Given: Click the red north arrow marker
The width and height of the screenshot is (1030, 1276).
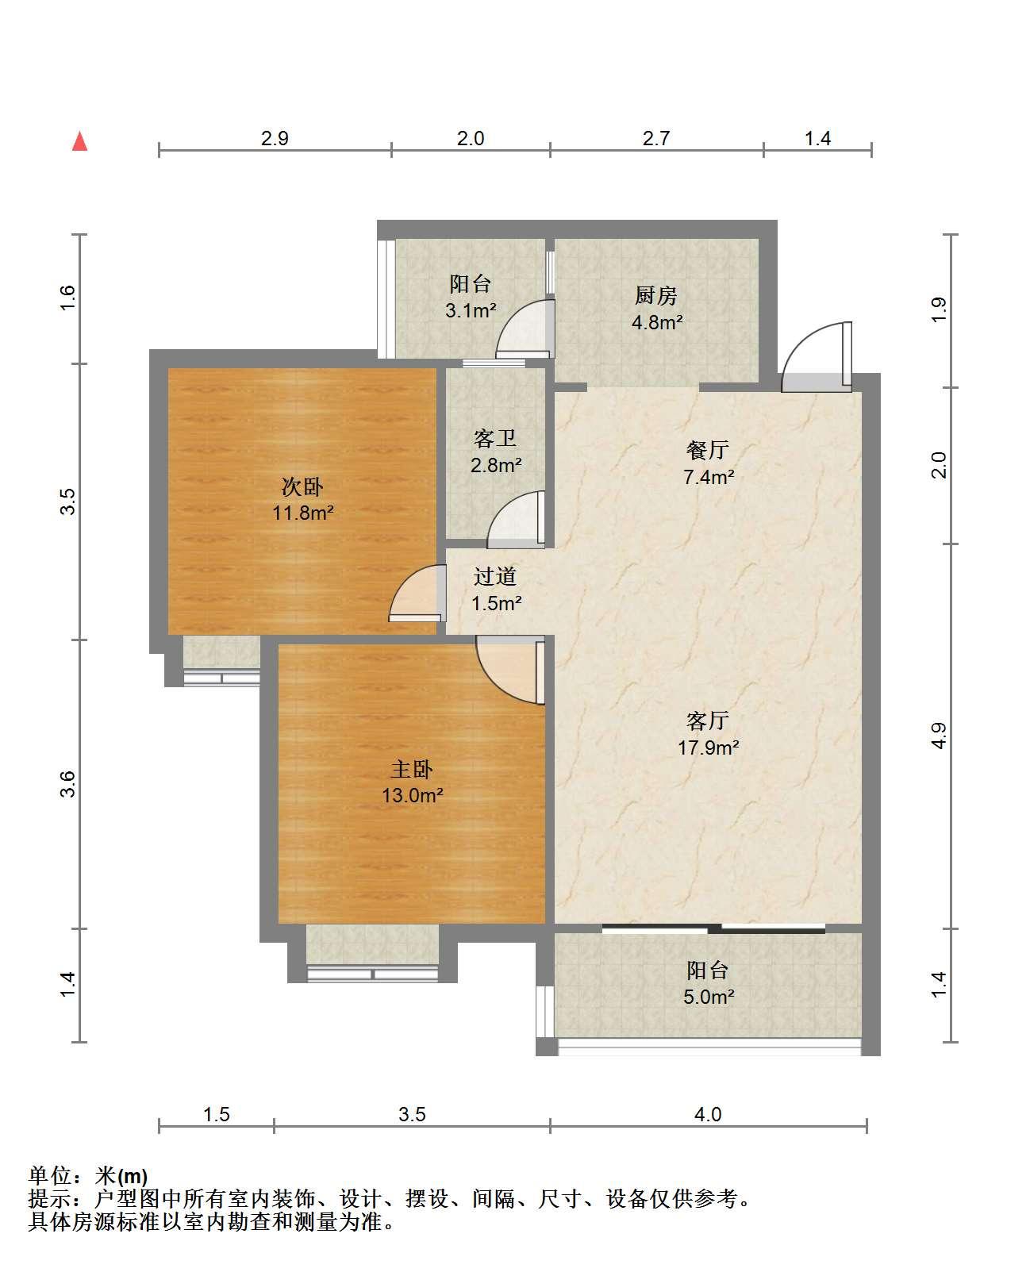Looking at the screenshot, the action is (x=79, y=142).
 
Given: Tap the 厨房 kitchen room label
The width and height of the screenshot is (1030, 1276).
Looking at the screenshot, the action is (x=655, y=295).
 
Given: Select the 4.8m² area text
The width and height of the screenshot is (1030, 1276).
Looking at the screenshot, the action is (x=657, y=322).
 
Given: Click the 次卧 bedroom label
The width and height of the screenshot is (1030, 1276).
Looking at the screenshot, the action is (x=302, y=486).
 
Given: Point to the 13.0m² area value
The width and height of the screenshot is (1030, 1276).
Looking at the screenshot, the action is (x=413, y=796).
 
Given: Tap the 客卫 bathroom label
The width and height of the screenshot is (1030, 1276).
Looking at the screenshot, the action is (x=494, y=439).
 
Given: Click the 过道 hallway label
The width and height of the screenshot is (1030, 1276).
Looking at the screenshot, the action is (x=495, y=576).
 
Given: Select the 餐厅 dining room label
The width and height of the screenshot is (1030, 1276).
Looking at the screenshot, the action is (x=708, y=450).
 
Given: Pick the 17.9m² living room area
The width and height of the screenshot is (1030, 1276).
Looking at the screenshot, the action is (x=708, y=748).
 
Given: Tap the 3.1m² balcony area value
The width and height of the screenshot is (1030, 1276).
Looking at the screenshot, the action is (x=471, y=310).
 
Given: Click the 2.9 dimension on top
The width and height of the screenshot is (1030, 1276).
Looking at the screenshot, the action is (x=275, y=138).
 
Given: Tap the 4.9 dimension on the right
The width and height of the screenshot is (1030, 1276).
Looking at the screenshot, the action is (x=939, y=736).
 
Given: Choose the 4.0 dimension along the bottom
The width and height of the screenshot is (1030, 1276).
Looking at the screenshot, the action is (x=708, y=1114).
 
